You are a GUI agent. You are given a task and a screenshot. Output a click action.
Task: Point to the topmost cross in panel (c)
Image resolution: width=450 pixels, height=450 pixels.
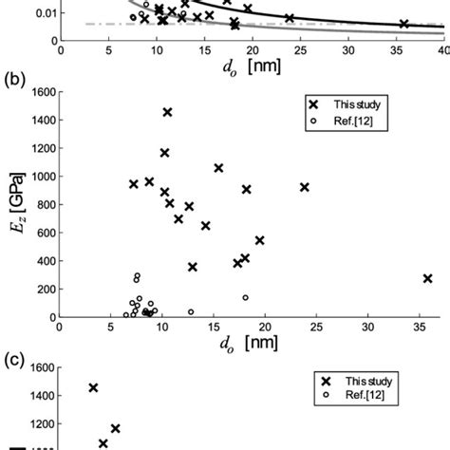click(93, 387)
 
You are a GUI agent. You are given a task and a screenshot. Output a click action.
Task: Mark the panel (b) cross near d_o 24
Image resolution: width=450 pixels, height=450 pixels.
click(305, 187)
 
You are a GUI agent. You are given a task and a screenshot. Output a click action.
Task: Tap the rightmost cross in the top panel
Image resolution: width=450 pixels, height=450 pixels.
click(403, 24)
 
